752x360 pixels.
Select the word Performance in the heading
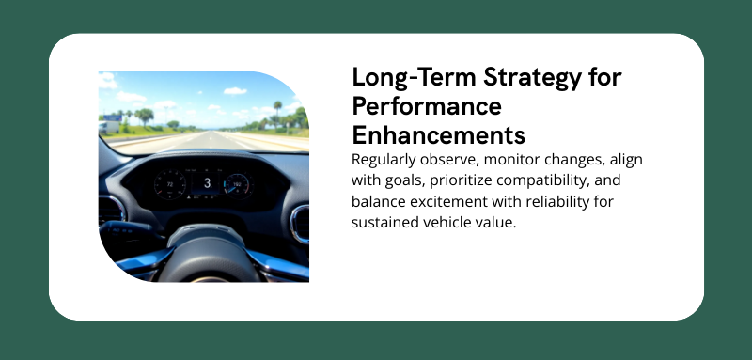[426, 104]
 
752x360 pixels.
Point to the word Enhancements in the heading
[438, 132]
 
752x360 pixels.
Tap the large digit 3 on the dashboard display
[206, 182]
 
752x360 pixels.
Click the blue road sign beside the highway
[110, 123]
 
